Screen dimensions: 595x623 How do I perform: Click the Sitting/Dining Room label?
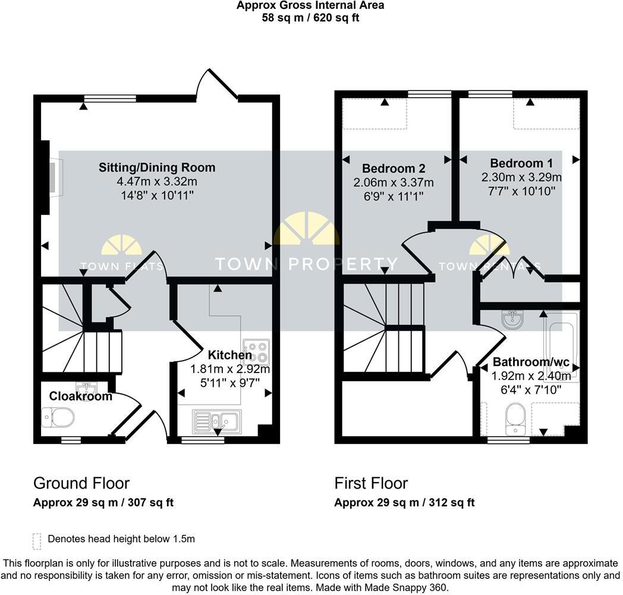tap(157, 167)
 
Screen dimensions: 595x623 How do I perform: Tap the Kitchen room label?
tap(230, 355)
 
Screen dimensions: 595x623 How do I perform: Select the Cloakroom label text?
tap(80, 396)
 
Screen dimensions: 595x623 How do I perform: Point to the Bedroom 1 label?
tap(517, 163)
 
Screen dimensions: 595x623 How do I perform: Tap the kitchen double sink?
tap(216, 421)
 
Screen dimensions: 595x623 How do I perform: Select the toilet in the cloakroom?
tap(58, 417)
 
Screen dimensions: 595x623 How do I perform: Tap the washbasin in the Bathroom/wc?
tap(512, 321)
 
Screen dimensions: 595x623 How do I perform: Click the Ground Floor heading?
tap(81, 483)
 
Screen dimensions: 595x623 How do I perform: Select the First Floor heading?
tap(371, 483)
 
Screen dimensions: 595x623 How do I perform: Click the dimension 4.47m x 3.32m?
tap(157, 181)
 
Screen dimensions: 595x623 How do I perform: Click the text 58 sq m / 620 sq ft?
tap(310, 17)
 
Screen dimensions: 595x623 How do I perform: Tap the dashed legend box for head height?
tap(37, 540)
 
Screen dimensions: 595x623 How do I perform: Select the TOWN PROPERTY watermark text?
tap(306, 264)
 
